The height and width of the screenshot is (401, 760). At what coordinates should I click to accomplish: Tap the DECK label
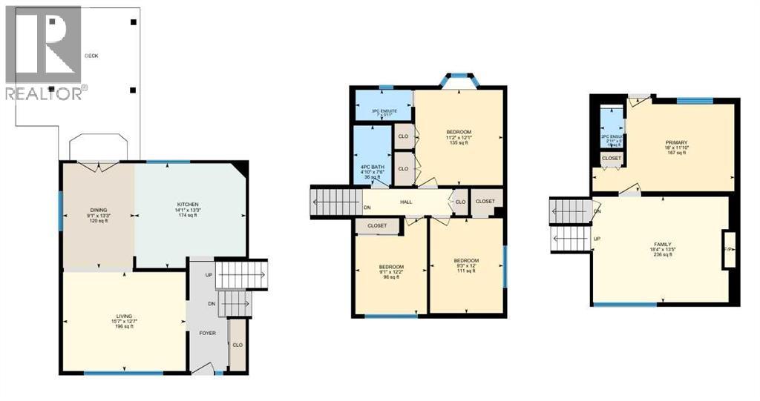[x=91, y=56]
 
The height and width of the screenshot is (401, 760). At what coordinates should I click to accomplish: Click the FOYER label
[x=207, y=333]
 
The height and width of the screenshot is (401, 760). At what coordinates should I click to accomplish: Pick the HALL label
[x=406, y=202]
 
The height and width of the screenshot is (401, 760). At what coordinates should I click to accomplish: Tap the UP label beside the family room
[x=597, y=239]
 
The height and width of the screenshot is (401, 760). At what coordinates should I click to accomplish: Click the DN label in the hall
[x=368, y=208]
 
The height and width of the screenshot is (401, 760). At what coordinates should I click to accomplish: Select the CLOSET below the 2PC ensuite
[x=612, y=158]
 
